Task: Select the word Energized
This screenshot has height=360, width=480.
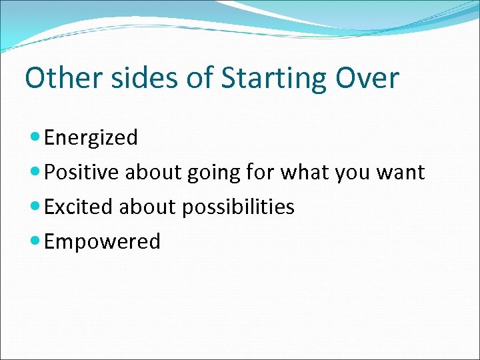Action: (91, 138)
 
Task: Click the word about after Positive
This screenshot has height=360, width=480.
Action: (152, 173)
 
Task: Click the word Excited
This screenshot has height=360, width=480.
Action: (79, 207)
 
